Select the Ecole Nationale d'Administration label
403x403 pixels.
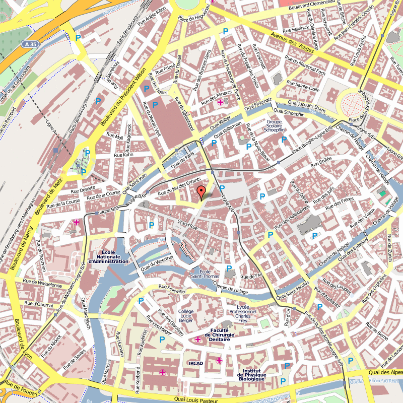coord(108,257)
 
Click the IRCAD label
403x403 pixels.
coord(196,363)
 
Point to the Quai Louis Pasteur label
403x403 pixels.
coord(196,399)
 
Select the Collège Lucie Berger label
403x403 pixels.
coord(185,316)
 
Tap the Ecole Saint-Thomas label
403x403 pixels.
coord(204,274)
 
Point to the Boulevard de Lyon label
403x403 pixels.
coord(22,338)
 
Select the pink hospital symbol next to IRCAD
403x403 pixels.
coord(219,361)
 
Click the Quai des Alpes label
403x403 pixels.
coord(385,372)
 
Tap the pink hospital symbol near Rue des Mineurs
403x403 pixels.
coord(220,102)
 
